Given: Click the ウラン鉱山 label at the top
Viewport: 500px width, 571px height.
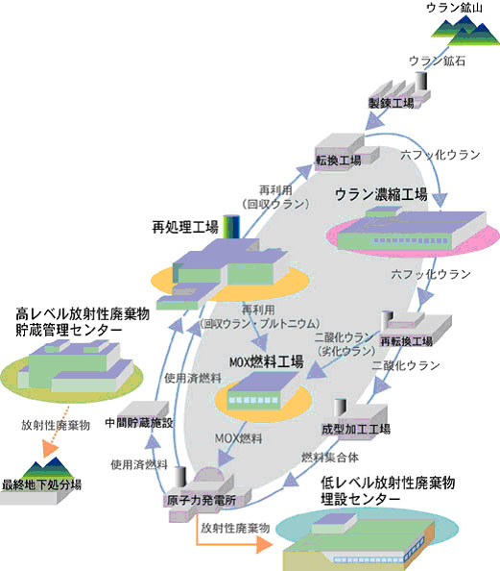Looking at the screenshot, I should point(458,9).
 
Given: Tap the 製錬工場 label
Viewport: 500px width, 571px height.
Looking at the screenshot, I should point(391,102).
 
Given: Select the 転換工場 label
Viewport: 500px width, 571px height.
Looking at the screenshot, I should point(338,160).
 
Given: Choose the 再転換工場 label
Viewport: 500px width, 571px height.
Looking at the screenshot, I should point(406,341).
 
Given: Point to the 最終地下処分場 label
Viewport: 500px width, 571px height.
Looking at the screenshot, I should point(41,484).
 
